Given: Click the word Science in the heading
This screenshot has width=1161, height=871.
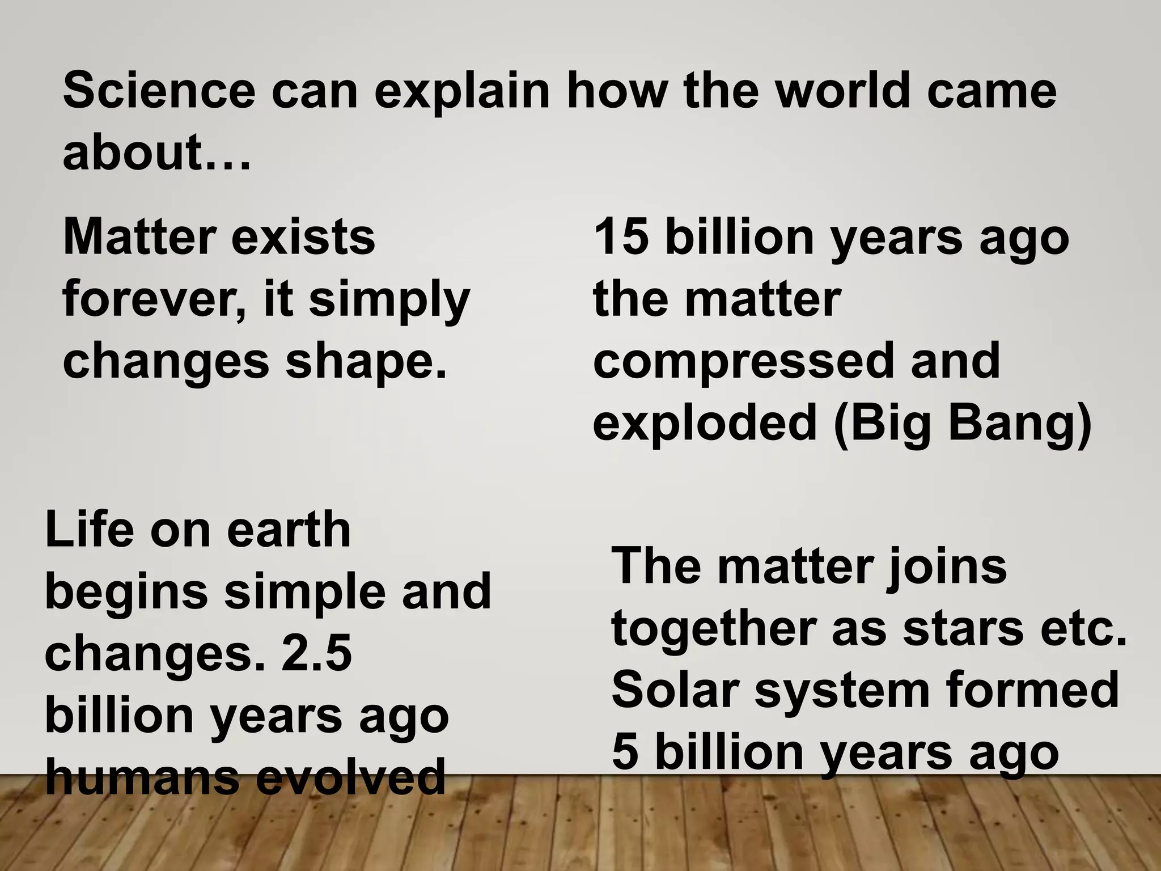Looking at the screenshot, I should (x=159, y=91).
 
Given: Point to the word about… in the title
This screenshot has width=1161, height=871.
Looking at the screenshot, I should (x=156, y=153).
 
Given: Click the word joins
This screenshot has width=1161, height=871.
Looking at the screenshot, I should (x=946, y=566).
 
